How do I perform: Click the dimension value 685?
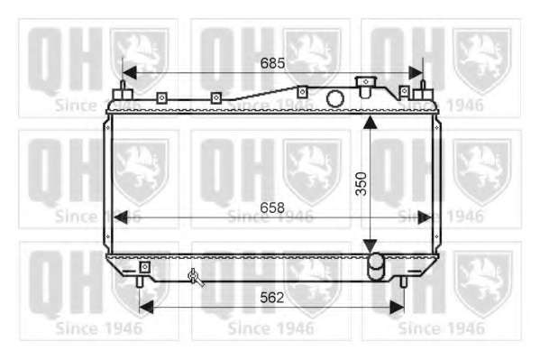point(272,63)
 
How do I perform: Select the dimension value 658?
point(272,208)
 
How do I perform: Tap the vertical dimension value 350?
point(362,184)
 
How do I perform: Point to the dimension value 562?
point(272,297)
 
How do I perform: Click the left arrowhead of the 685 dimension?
point(130,73)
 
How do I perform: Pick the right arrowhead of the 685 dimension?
point(416,73)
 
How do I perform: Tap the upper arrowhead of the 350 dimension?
point(370,123)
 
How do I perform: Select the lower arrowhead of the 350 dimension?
point(370,245)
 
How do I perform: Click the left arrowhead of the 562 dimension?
point(146,307)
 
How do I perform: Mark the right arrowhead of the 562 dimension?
point(397,307)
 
